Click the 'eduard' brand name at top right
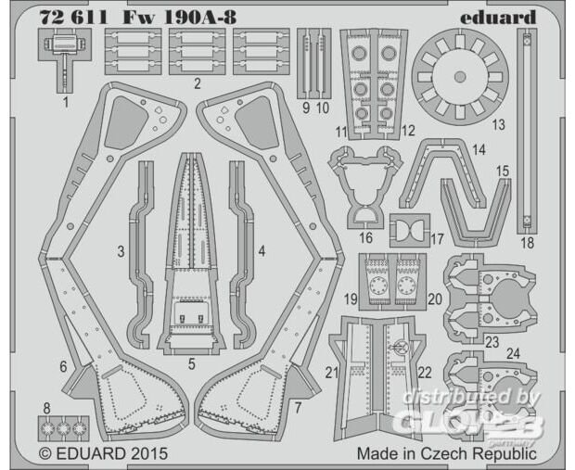pos(498,18)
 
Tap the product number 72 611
pos(73,18)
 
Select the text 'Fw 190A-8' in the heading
pos(180,18)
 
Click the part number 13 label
pos(498,124)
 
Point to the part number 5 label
pos(191,364)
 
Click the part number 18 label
pos(528,243)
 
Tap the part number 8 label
pos(46,408)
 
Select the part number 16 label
pos(365,237)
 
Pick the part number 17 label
pos(437,239)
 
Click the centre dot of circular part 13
pos(460,77)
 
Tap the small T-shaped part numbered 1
pos(65,60)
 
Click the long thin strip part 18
pos(527,131)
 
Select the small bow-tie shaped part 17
pos(409,230)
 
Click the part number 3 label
pos(121,252)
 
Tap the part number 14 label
pos(479,149)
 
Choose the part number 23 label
pos(492,342)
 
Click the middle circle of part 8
pos(63,428)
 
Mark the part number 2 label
pos(198,84)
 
